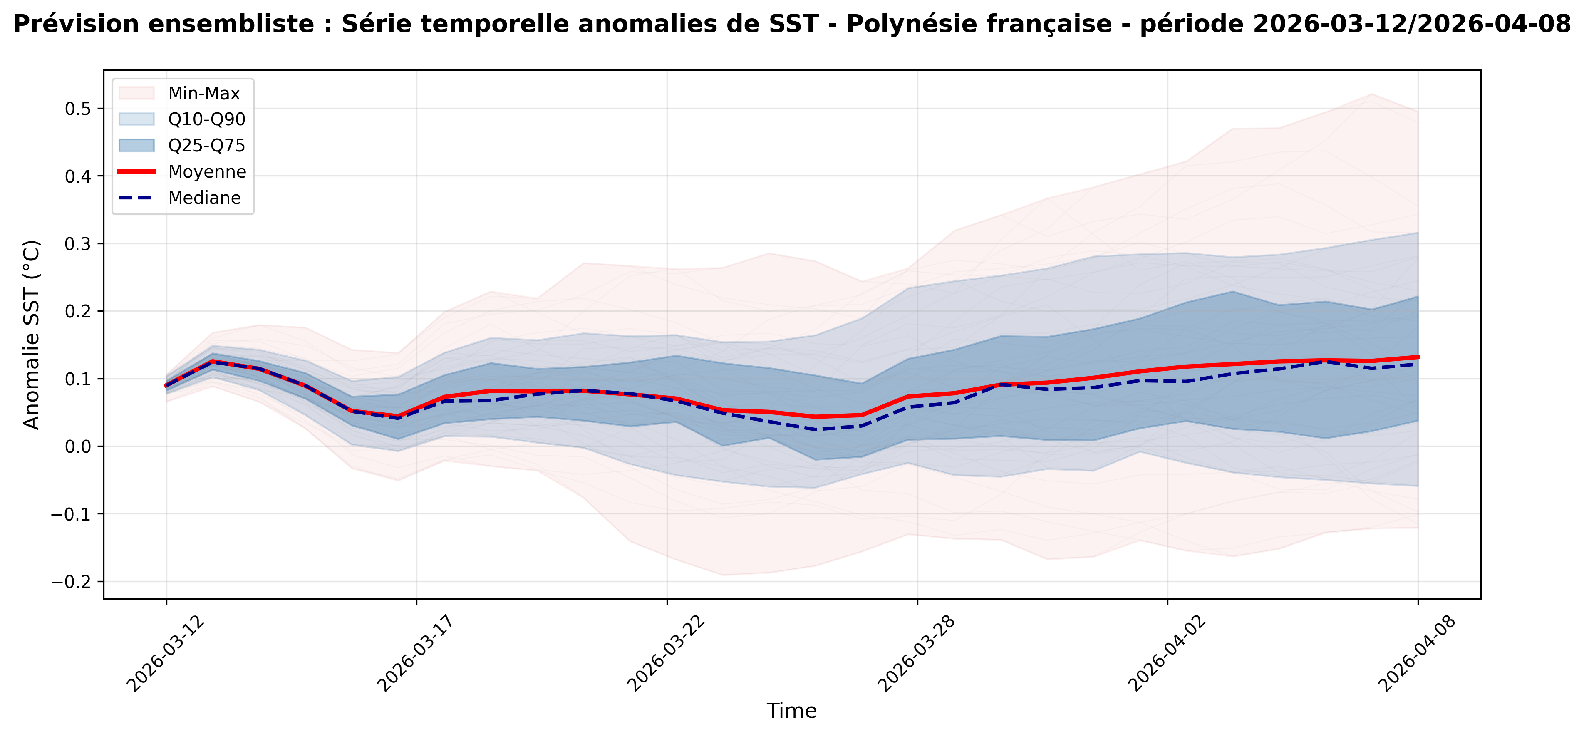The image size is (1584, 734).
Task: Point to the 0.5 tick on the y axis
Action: pyautogui.click(x=77, y=109)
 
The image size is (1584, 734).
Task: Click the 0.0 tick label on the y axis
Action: pyautogui.click(x=77, y=446)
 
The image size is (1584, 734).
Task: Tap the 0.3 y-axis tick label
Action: pyautogui.click(x=77, y=244)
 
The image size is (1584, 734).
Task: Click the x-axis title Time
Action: pyautogui.click(x=791, y=711)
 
